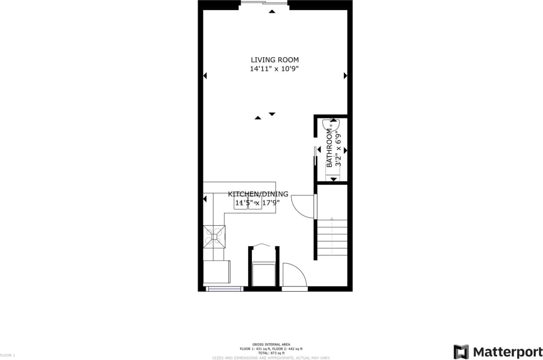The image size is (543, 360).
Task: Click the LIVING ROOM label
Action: pos(275,60)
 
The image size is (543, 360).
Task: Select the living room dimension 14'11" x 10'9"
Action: pos(275,69)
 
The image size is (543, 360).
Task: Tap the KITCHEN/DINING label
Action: pos(258,194)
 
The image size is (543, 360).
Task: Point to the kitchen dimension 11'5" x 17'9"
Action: pos(257,203)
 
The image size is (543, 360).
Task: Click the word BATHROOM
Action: pos(329,148)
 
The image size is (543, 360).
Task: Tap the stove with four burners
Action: pos(214,236)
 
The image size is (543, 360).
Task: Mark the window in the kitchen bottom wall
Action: pos(224,289)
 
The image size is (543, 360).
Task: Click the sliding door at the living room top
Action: pos(264,4)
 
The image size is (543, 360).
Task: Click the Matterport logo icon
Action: pos(461,352)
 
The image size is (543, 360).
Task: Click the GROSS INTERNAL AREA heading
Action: pos(271,344)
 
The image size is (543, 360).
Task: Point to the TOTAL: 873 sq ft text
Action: pos(271,353)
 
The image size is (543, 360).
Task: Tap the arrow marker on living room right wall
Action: pos(345,76)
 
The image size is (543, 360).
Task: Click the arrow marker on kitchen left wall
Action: pos(205,199)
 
